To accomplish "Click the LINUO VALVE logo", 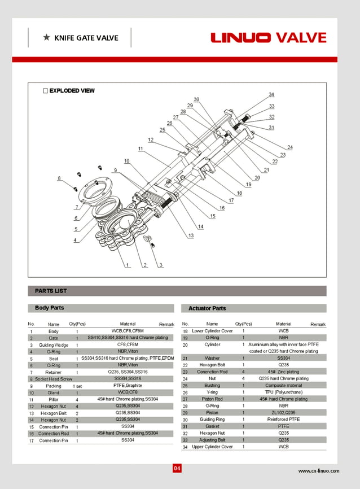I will coord(269,38).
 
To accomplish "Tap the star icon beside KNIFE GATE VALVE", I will coord(46,38).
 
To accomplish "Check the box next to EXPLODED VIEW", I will coord(45,90).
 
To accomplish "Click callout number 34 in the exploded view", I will coord(271,94).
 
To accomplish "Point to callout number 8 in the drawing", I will coord(59,178).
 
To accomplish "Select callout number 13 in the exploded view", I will coord(191,235).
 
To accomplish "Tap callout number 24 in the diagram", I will coord(289,147).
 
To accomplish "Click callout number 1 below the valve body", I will coord(129,265).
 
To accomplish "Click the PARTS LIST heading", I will coord(51,291).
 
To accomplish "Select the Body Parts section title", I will coord(50,308).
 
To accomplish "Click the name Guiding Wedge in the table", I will coord(54,344).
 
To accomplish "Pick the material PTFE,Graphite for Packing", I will coord(127,386).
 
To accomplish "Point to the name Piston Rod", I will coord(212,399).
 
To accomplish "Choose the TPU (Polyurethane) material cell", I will coord(284,392).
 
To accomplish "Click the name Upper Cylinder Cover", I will coord(212,447).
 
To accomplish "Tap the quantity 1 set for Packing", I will coord(77,386).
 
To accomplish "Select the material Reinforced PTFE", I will coord(284,420).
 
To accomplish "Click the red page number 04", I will coord(177,468).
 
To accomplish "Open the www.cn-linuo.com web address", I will coord(319,470).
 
